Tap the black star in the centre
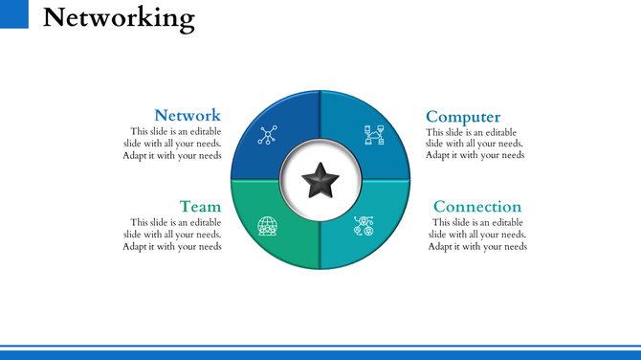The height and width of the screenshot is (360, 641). click(320, 179)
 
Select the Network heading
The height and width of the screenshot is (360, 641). click(188, 115)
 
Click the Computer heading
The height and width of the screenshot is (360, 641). click(463, 117)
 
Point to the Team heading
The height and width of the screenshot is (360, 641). click(200, 206)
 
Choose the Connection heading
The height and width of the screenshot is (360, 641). click(477, 206)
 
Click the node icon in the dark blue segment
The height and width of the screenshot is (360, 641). click(267, 134)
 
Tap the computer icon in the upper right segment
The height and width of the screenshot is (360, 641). click(373, 134)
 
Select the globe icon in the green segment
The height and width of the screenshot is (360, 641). click(267, 226)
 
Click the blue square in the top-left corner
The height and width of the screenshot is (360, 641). click(14, 13)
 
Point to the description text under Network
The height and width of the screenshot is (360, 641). click(172, 144)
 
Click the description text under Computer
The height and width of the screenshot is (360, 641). click(475, 144)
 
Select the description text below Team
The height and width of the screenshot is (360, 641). click(172, 235)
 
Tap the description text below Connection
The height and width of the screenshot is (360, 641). click(477, 235)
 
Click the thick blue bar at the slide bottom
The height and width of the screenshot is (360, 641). click(320, 354)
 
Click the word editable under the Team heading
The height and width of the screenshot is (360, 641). click(203, 223)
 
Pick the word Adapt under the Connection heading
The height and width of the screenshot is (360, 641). click(440, 246)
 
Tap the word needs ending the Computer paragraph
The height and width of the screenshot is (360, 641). click(512, 155)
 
